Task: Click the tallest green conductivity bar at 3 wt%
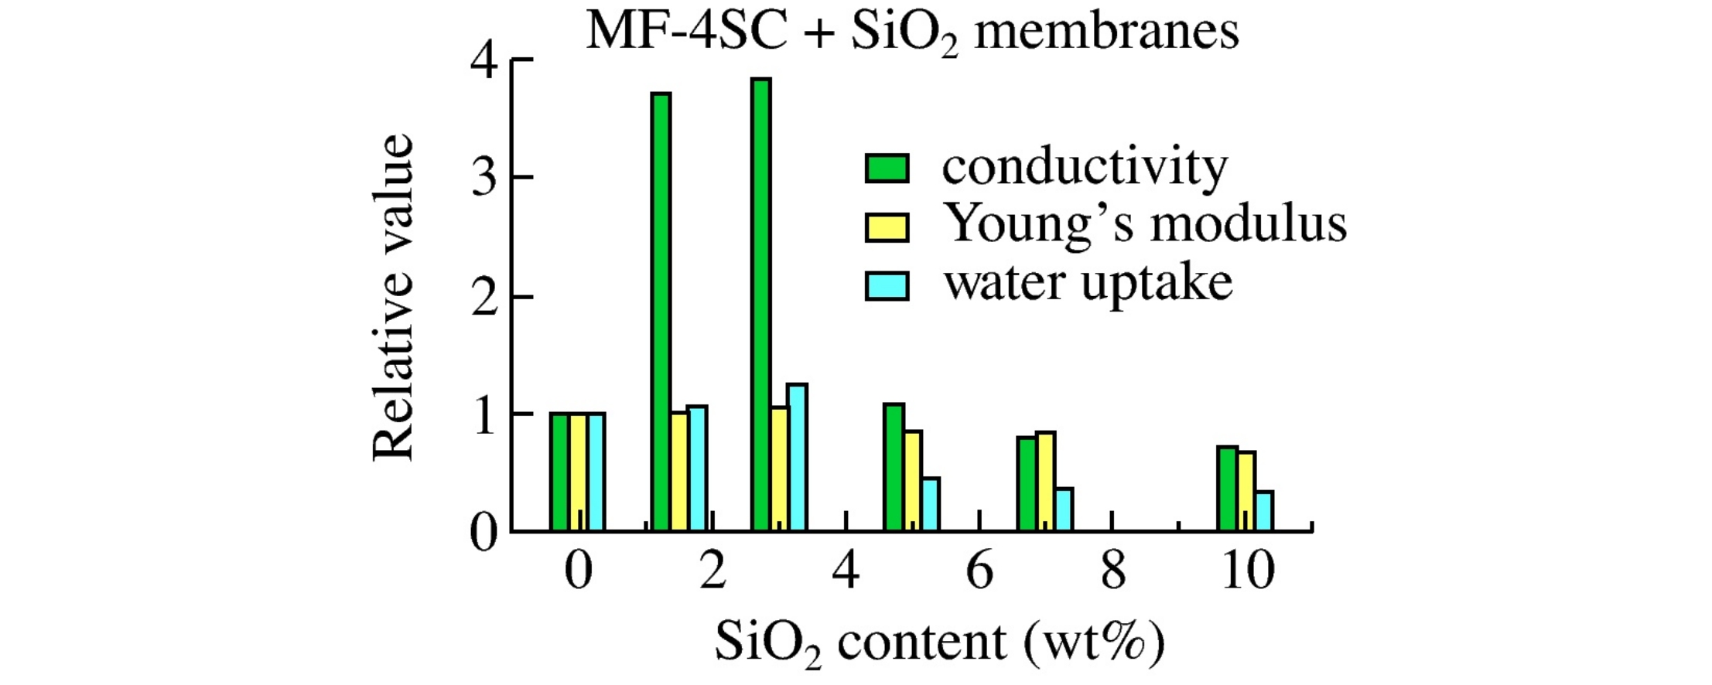(760, 305)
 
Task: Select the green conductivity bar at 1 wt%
(661, 312)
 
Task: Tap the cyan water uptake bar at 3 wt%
(797, 457)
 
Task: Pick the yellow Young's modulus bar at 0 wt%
(578, 472)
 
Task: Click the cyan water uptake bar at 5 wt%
(931, 504)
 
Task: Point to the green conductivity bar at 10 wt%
(1227, 489)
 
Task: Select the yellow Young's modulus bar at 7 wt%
(1045, 481)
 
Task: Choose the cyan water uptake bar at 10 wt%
(1264, 511)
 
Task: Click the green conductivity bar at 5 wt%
(894, 467)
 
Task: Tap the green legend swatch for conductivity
(887, 168)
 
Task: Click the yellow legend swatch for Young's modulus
(887, 227)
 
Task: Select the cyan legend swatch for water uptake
(887, 285)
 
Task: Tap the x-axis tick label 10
(1247, 571)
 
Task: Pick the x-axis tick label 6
(979, 571)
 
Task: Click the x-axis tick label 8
(1112, 571)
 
